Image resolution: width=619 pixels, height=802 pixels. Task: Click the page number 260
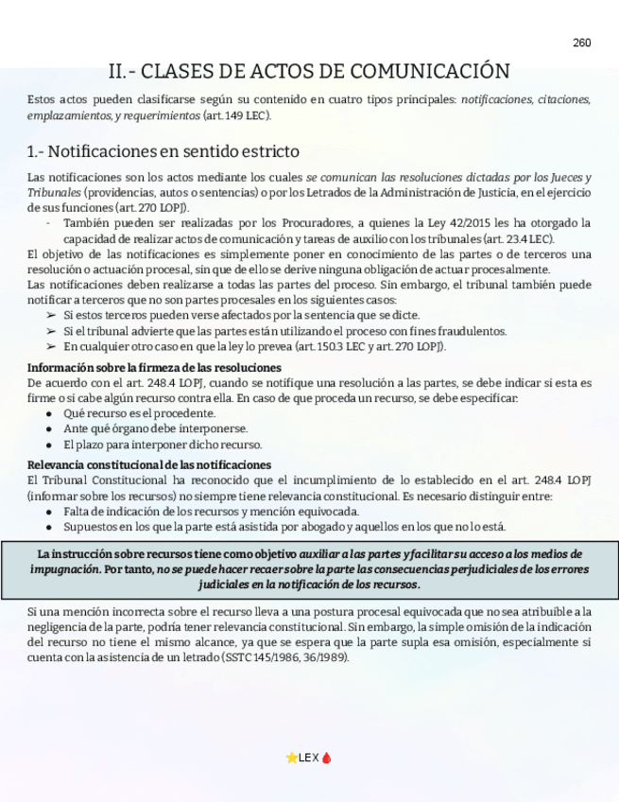[581, 43]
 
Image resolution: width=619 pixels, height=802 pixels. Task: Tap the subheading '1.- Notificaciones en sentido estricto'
[163, 151]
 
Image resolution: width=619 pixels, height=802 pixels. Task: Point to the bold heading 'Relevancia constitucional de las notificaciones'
[149, 464]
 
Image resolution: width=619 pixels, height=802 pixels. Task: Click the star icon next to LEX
[291, 758]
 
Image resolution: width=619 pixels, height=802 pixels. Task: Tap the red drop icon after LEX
[327, 758]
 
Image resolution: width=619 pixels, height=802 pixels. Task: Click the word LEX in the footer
[309, 758]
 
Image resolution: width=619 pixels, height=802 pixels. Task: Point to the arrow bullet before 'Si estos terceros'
[51, 315]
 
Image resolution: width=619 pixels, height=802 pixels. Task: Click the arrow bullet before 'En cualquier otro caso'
[51, 346]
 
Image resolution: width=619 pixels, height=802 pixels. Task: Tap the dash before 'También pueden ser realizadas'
[48, 223]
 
